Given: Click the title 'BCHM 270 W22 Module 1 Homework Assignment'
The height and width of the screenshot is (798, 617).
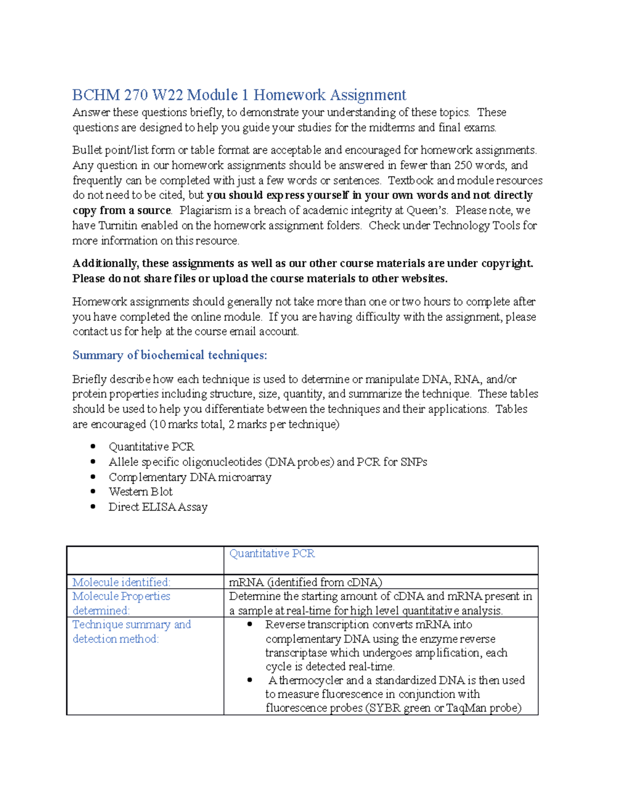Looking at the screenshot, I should tap(239, 95).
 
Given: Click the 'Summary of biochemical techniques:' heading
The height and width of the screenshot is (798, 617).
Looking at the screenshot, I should tap(170, 355).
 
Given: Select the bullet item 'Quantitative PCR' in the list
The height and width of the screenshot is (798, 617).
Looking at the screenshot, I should tap(151, 447).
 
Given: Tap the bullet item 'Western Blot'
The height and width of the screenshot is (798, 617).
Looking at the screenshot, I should tap(140, 492).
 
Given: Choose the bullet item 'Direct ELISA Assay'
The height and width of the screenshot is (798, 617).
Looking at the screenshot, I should tap(158, 507).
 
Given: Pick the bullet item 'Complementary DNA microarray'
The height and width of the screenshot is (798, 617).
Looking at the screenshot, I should tap(190, 477).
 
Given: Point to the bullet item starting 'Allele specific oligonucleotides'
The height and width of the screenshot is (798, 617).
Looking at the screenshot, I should tap(267, 462).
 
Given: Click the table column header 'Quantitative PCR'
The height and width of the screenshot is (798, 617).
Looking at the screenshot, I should tap(271, 553).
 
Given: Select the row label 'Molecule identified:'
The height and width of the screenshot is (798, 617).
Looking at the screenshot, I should tap(121, 582).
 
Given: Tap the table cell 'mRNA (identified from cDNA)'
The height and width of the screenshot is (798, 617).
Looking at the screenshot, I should tap(305, 582).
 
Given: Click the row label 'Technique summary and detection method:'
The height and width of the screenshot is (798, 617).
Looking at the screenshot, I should tap(132, 632).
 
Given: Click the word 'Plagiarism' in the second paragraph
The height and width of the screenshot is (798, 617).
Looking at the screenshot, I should tap(206, 211).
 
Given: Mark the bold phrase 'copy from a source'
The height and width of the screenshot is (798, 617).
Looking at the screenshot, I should tap(121, 211).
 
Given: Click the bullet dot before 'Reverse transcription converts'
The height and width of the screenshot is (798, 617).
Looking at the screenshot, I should tap(250, 625).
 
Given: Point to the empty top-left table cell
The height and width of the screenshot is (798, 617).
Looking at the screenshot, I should tap(145, 560).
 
